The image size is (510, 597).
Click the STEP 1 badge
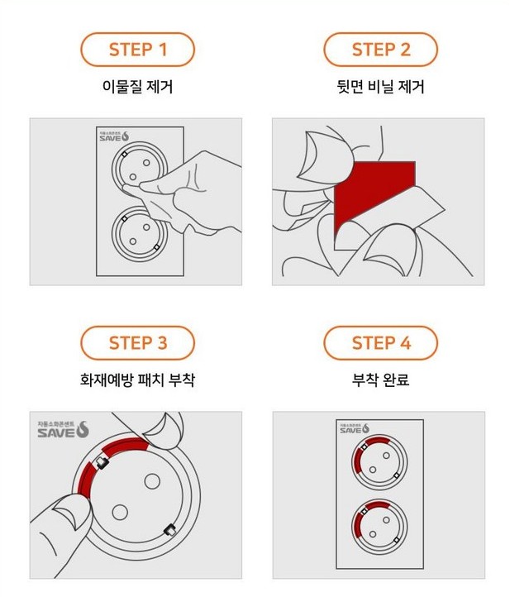(138, 50)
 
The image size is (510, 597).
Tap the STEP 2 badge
(380, 50)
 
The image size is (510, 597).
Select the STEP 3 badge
(138, 342)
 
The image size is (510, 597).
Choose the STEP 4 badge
(380, 342)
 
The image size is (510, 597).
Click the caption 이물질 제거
(138, 86)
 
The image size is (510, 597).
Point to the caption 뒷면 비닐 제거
(381, 86)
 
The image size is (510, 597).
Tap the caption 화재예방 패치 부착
(138, 380)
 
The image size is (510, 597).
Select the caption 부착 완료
(381, 380)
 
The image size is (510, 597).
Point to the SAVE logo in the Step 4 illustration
(356, 428)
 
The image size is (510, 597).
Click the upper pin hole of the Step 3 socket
(153, 480)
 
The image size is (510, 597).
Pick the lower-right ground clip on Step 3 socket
(168, 530)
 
